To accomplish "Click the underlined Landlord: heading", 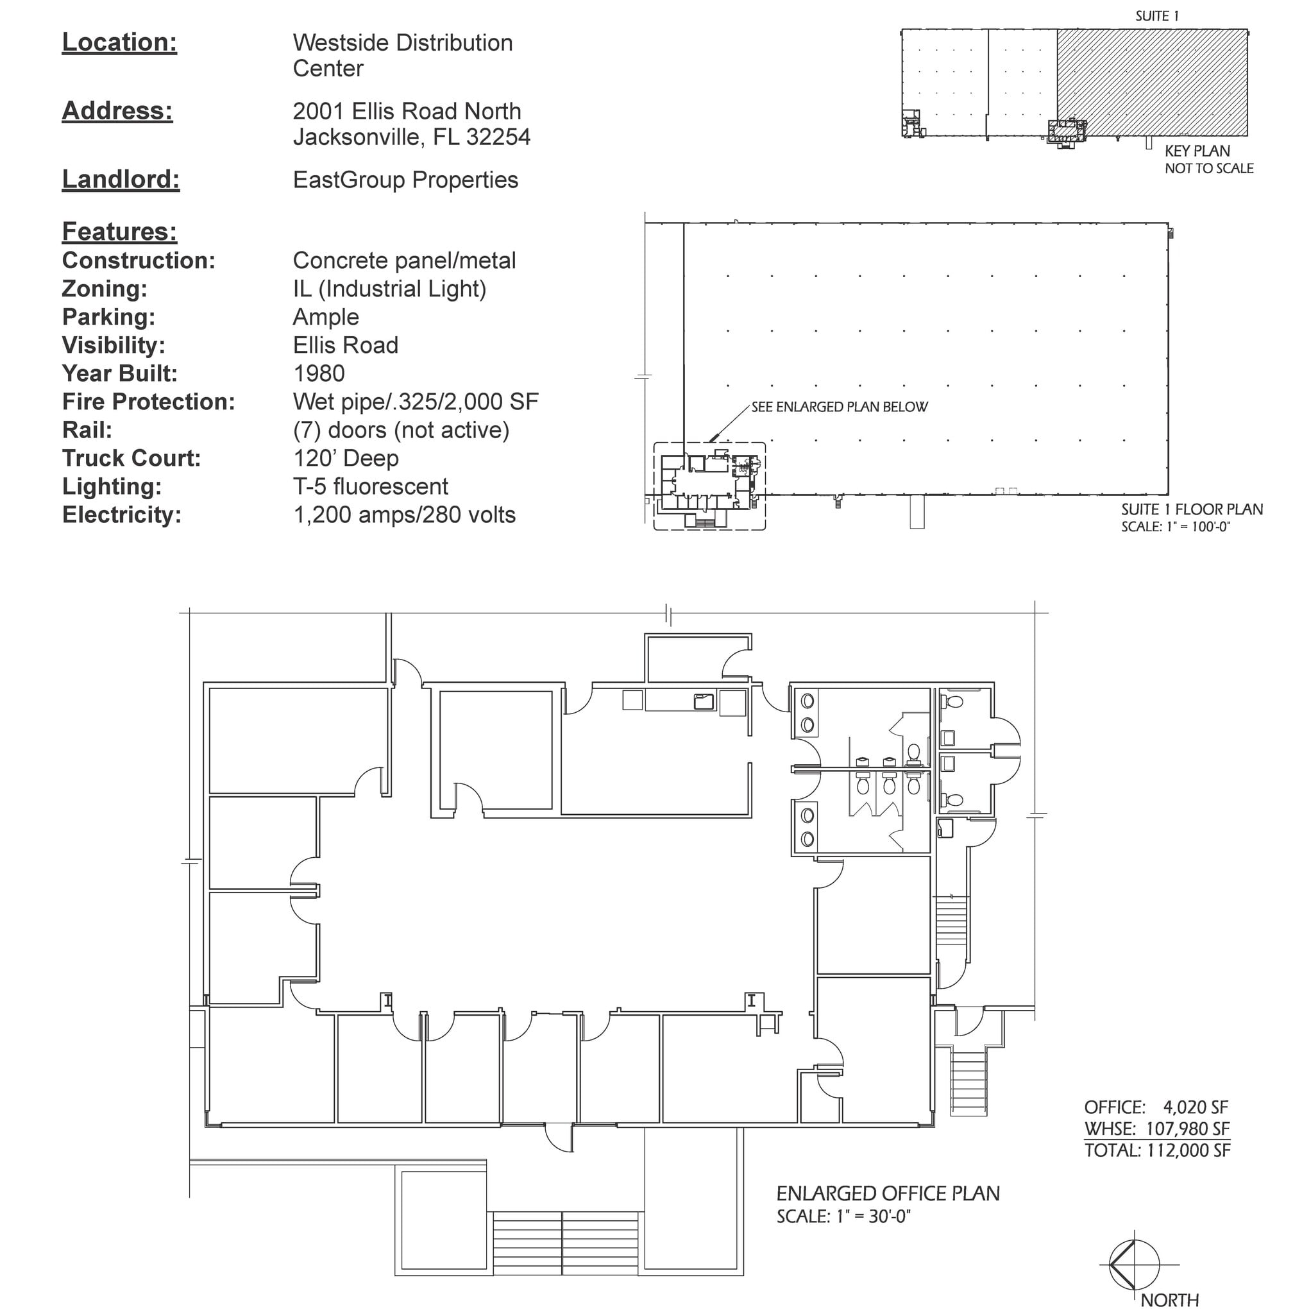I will (x=121, y=180).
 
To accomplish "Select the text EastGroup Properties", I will (x=405, y=180).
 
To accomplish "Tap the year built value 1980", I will (x=318, y=373).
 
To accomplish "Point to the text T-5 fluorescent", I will (x=370, y=486).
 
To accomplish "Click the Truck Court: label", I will (x=131, y=458).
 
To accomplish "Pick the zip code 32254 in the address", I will (x=498, y=137).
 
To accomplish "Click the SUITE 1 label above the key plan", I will (x=1156, y=16).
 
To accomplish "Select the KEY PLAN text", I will (x=1197, y=151).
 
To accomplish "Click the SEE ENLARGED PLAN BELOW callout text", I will (x=839, y=407).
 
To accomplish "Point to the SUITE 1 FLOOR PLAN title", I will (x=1191, y=509).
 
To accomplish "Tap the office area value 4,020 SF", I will (x=1195, y=1107).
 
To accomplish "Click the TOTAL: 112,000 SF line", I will (x=1156, y=1151).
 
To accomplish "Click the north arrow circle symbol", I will (x=1134, y=1265).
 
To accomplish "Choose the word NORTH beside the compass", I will (x=1169, y=1301).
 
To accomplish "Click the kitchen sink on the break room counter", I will (x=703, y=701).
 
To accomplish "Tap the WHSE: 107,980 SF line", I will (x=1156, y=1129).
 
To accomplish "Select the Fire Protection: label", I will (x=148, y=402).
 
